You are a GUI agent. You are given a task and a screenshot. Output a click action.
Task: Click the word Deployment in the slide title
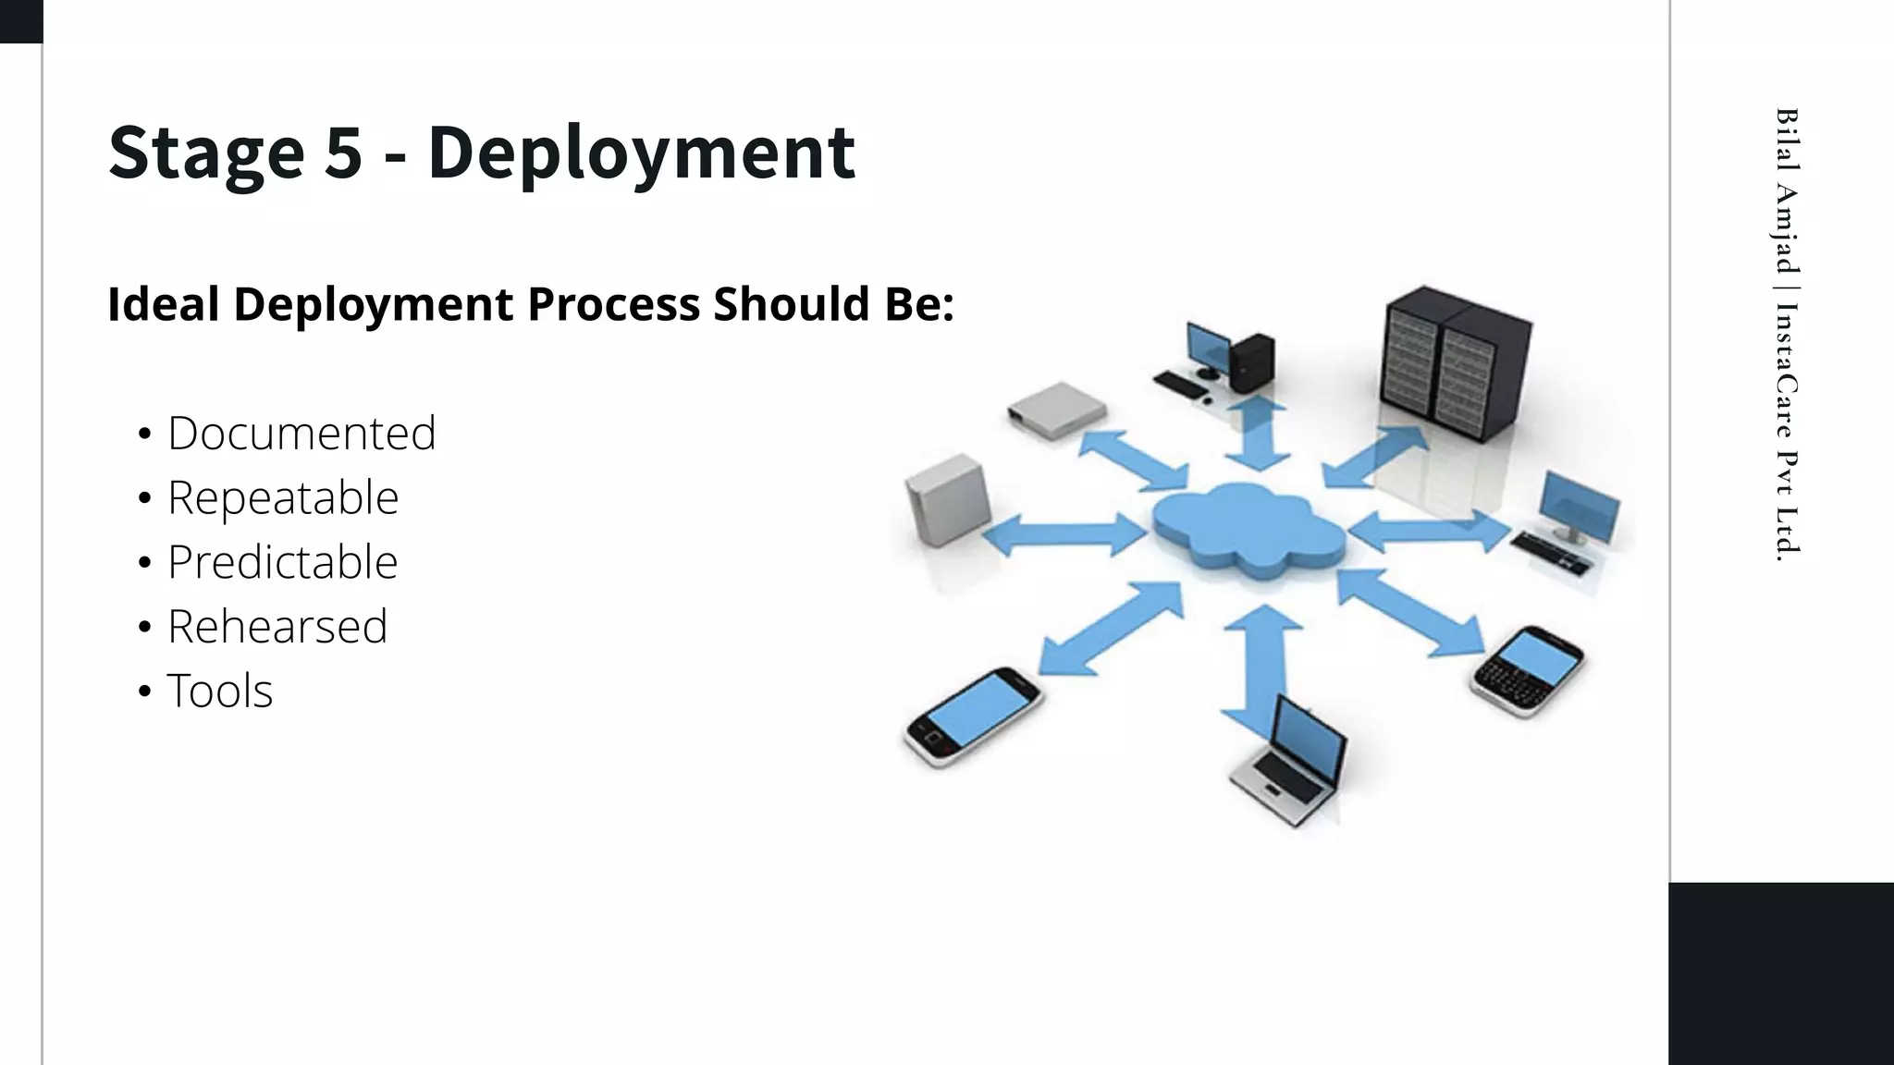click(x=641, y=153)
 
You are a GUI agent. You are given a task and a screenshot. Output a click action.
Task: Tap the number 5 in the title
click(x=343, y=153)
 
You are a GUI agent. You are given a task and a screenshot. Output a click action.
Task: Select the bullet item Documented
click(x=301, y=433)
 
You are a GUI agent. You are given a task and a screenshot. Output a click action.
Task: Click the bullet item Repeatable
click(x=283, y=497)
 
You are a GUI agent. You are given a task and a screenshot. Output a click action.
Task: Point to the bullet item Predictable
click(x=282, y=562)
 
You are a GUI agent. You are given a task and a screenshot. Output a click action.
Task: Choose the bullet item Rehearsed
click(x=277, y=627)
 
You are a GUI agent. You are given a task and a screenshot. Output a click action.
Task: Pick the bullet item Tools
click(x=220, y=691)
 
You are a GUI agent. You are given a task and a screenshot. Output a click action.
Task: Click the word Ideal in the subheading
click(x=164, y=304)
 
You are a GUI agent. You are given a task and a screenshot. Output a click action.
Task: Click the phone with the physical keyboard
click(x=1528, y=669)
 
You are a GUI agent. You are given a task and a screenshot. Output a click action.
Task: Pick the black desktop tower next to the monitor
click(x=1253, y=361)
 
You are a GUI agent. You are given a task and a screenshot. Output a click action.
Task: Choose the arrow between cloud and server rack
click(x=1374, y=458)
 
